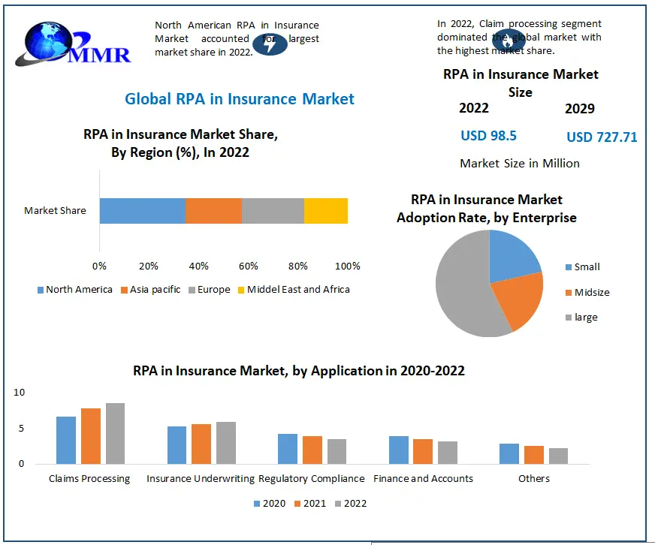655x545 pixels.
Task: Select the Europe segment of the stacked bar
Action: coord(273,210)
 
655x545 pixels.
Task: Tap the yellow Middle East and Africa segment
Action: coord(326,210)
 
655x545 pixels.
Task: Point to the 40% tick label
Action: coord(198,266)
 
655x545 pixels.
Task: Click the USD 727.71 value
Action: coord(602,137)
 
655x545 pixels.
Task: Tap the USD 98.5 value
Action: coord(488,136)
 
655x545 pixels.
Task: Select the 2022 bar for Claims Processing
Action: coord(115,433)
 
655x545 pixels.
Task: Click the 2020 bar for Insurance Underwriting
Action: coord(177,444)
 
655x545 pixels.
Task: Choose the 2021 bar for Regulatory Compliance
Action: coord(312,450)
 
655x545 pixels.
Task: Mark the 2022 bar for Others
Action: coord(558,456)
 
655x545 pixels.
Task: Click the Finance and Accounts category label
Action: coord(424,479)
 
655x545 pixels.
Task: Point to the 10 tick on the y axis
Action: coord(20,393)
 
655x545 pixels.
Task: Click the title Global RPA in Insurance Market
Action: coord(240,98)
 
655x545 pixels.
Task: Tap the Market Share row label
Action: coord(55,211)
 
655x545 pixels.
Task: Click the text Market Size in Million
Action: coord(520,163)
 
